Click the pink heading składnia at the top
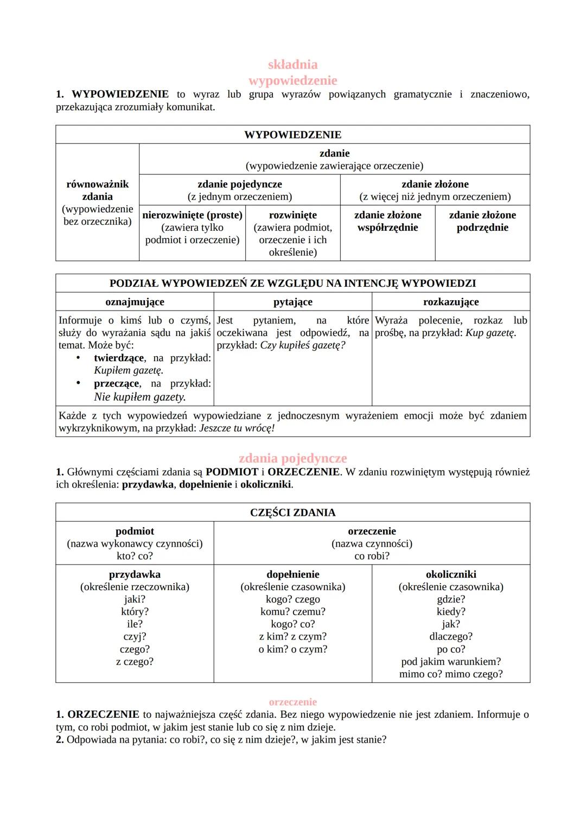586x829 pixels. (292, 65)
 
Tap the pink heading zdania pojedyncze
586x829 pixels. (292, 458)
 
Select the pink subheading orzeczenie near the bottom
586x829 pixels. (292, 702)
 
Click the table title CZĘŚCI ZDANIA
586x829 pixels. (292, 512)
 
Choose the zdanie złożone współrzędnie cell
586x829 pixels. (387, 222)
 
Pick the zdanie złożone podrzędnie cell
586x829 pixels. (482, 222)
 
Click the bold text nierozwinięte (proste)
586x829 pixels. (192, 216)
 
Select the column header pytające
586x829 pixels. (292, 302)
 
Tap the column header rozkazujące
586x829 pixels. (451, 302)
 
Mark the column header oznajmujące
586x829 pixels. (135, 302)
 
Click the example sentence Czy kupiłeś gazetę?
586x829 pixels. (303, 345)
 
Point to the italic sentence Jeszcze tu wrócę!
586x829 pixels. (237, 428)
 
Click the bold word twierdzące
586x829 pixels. (119, 358)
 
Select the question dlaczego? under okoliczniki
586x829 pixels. (451, 636)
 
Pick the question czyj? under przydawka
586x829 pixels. (135, 636)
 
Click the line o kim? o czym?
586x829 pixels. (292, 649)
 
